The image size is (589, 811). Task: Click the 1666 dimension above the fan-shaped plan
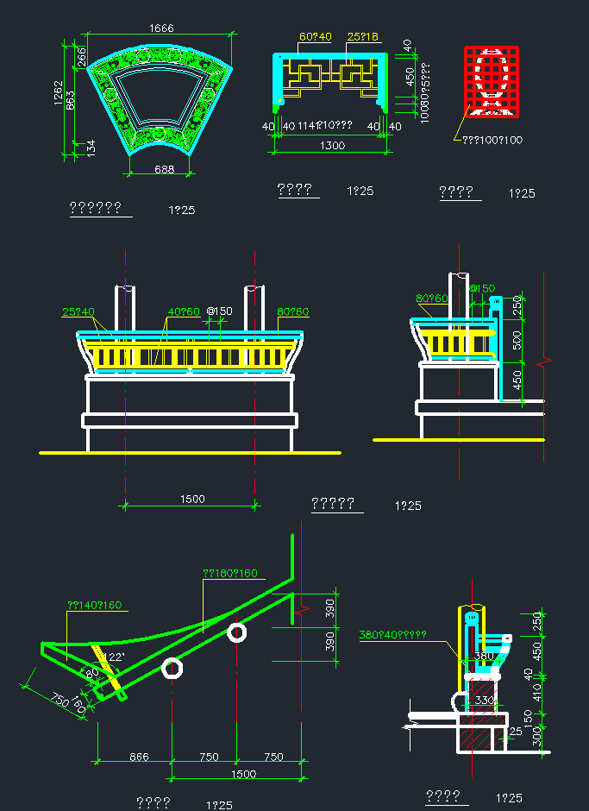click(161, 28)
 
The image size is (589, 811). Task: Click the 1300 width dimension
click(332, 146)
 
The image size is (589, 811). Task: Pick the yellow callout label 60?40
click(316, 37)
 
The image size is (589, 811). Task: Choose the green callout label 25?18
click(363, 37)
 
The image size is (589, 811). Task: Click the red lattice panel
click(490, 81)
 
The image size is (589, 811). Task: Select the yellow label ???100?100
click(492, 139)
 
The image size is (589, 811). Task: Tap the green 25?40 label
click(78, 311)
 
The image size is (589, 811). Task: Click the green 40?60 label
click(184, 311)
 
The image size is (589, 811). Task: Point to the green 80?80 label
click(293, 311)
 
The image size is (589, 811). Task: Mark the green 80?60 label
click(432, 299)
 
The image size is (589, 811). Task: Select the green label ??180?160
click(229, 573)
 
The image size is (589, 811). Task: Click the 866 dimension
click(139, 757)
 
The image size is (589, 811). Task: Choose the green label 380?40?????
click(392, 635)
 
